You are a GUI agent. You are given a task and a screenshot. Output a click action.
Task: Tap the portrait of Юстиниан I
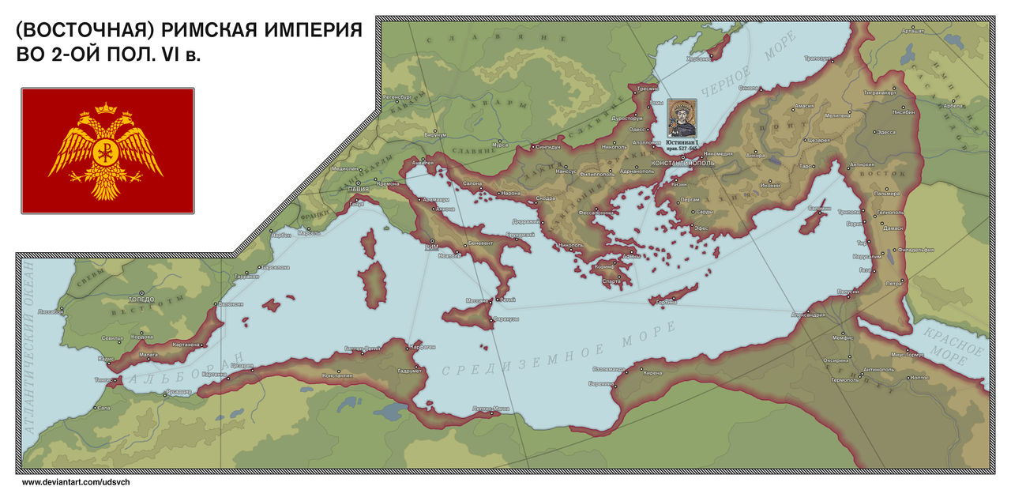683,117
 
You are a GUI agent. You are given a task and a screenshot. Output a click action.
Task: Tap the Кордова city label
141,336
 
